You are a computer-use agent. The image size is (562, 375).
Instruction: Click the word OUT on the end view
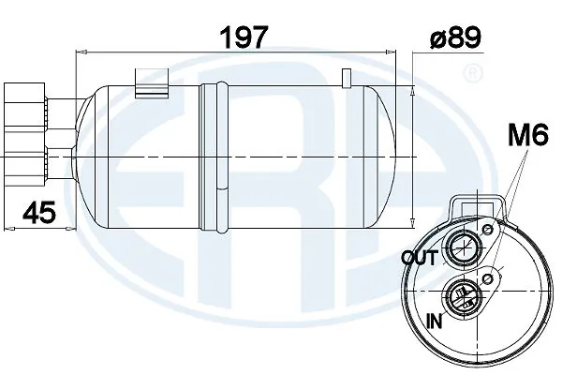418,256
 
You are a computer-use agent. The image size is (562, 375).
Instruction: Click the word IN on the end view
433,321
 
